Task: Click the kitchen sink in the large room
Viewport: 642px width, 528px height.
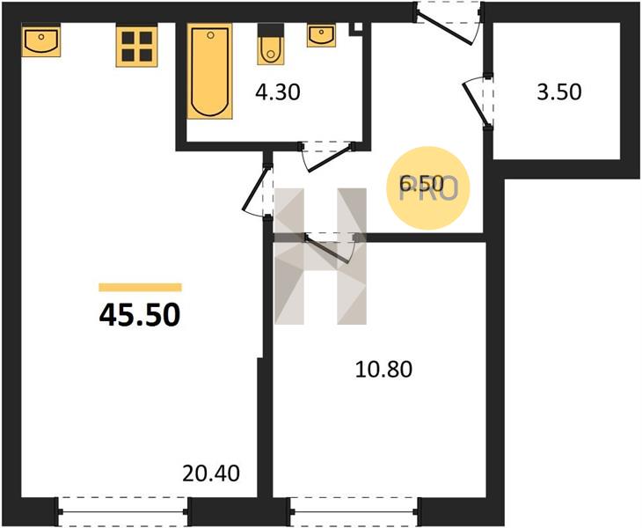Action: pyautogui.click(x=41, y=40)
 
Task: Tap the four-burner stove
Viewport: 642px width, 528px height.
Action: pyautogui.click(x=136, y=46)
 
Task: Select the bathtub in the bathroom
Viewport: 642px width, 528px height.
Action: pyautogui.click(x=209, y=71)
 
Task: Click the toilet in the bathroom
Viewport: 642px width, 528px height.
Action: pyautogui.click(x=270, y=45)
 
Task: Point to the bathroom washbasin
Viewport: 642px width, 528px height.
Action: pyautogui.click(x=321, y=35)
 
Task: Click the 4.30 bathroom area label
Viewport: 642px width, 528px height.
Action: pyautogui.click(x=278, y=92)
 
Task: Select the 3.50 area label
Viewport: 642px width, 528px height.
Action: pyautogui.click(x=558, y=92)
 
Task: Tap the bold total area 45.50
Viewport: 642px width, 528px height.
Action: pyautogui.click(x=140, y=315)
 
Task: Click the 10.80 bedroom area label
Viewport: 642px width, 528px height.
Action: pyautogui.click(x=383, y=369)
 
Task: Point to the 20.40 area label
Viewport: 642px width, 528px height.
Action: pyautogui.click(x=211, y=473)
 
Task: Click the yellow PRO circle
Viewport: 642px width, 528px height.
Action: pyautogui.click(x=428, y=187)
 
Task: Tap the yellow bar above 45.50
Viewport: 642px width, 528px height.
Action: pyautogui.click(x=140, y=287)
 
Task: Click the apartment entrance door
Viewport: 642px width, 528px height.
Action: pyautogui.click(x=449, y=25)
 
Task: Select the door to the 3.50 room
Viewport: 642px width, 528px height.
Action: pyautogui.click(x=478, y=101)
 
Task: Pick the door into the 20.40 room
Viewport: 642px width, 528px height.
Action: pyautogui.click(x=257, y=189)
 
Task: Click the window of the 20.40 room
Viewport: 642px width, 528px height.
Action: pyautogui.click(x=123, y=511)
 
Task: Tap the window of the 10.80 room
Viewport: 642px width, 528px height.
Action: pyautogui.click(x=354, y=511)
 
